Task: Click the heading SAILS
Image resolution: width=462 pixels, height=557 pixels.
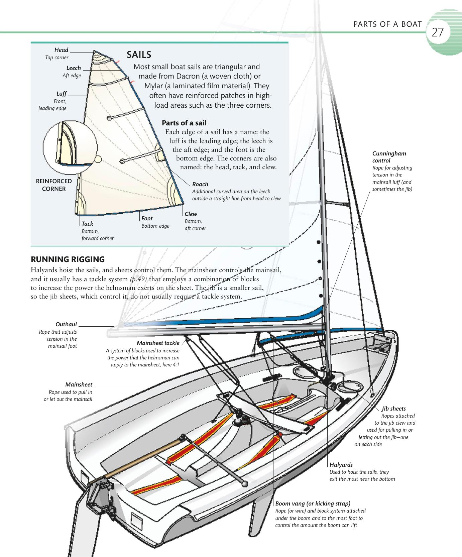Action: (x=139, y=54)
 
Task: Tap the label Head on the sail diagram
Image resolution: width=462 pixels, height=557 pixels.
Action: (x=61, y=50)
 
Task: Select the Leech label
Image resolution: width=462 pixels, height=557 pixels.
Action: (x=74, y=68)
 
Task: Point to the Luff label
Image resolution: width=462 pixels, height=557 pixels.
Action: (x=62, y=94)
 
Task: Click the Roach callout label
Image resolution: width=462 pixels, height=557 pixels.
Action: (x=200, y=184)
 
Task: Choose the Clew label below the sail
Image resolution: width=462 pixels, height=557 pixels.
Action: (x=191, y=214)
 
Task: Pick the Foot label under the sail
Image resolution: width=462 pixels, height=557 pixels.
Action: (x=147, y=218)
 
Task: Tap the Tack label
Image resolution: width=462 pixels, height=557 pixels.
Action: (x=87, y=224)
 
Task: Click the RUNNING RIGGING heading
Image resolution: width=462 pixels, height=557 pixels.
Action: (x=68, y=259)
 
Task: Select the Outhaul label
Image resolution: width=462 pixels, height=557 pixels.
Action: (x=66, y=324)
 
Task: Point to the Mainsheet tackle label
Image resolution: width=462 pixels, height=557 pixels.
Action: (x=158, y=343)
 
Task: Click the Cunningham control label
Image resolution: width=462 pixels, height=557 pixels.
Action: (x=389, y=157)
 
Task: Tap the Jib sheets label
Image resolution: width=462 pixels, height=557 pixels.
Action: (x=394, y=409)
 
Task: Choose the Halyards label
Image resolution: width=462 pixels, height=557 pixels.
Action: (x=341, y=465)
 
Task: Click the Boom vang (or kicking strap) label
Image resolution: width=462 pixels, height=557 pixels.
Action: (x=313, y=504)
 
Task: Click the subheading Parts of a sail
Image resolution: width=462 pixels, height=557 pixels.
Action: (x=184, y=123)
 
